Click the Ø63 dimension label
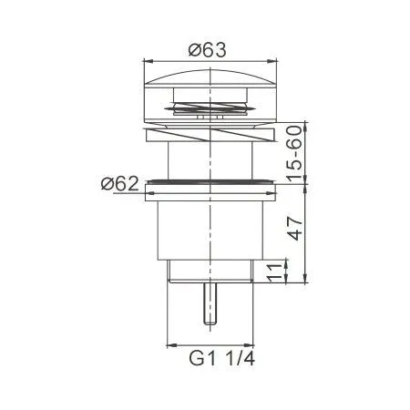pos(208,50)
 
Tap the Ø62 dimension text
pos(120,183)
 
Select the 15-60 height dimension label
pos(295,154)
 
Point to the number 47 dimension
pos(295,229)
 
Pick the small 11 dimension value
pos(274,272)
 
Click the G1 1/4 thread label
pos(221,359)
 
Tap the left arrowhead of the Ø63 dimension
pos(148,62)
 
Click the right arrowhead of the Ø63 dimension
pos(273,62)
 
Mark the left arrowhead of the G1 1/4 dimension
pos(172,345)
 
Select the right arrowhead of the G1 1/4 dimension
pos(249,345)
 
